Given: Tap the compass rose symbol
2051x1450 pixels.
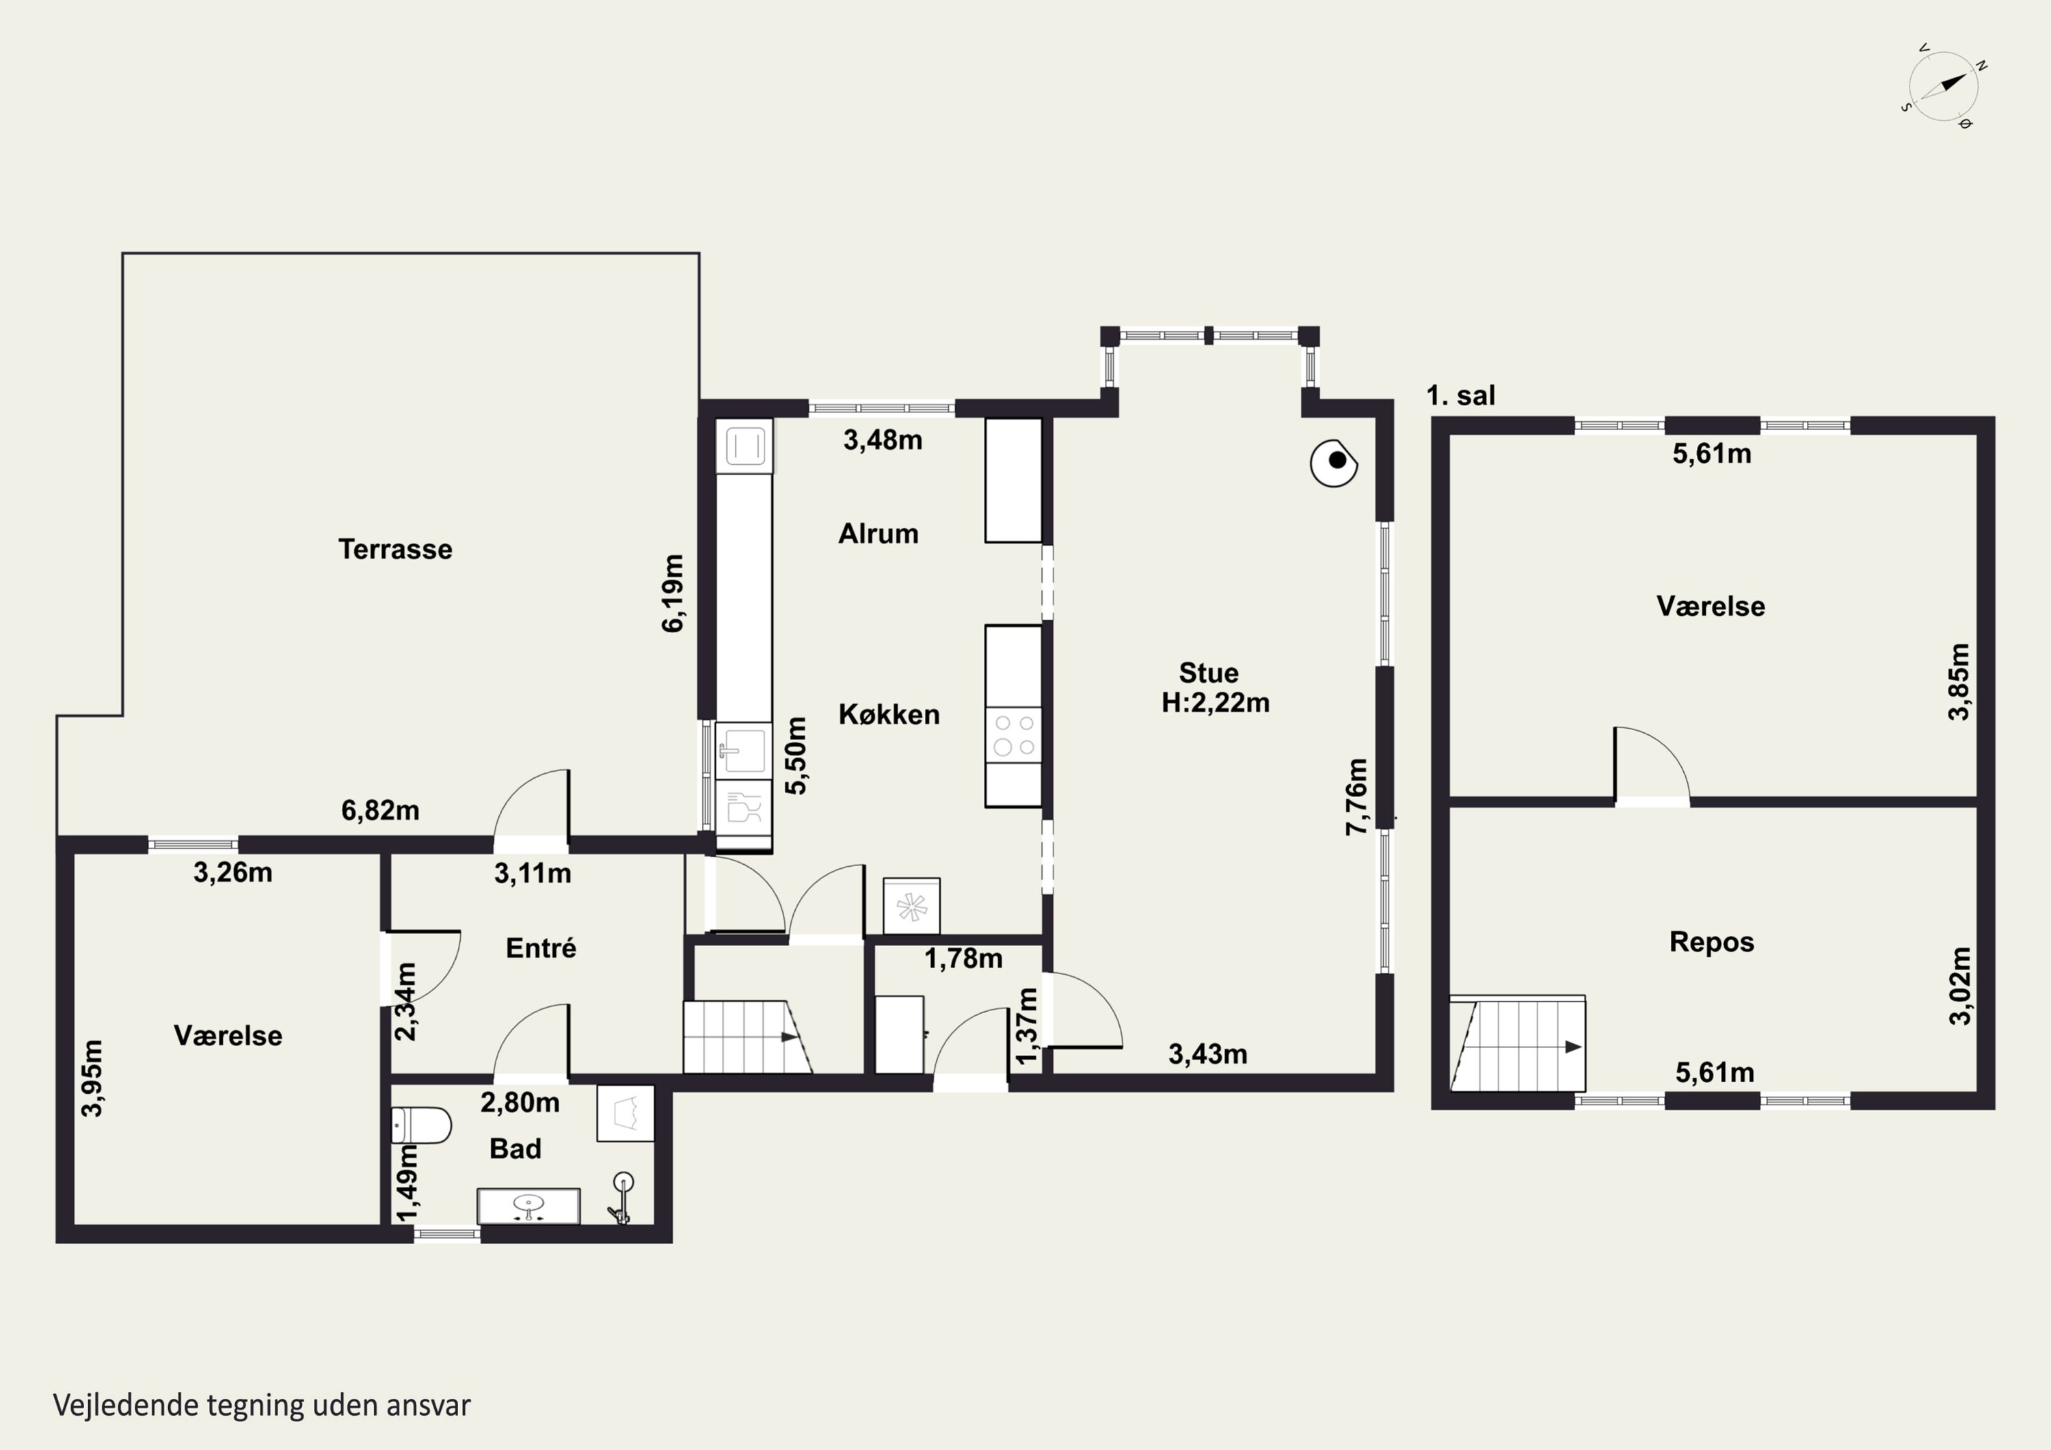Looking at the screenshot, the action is coord(1944,87).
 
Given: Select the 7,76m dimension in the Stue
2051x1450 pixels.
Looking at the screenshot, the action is coord(1356,797).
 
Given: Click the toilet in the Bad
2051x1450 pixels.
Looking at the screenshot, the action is coord(422,1127).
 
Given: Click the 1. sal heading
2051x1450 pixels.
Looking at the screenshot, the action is coord(1460,395).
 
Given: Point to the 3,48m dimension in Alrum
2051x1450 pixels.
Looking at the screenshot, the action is coord(883,440).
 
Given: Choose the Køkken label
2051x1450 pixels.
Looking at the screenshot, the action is coord(889,714).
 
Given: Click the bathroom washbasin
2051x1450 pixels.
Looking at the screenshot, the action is coord(529,1206).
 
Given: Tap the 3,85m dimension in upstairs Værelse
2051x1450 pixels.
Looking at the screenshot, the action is coord(1959,681).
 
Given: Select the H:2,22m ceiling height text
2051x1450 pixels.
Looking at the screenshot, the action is coord(1215,703).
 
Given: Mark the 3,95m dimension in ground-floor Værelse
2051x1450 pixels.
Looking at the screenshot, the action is coord(92,1077).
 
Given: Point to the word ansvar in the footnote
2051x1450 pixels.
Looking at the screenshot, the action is coord(429,1406).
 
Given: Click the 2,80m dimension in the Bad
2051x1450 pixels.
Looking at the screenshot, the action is coord(520,1103).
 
